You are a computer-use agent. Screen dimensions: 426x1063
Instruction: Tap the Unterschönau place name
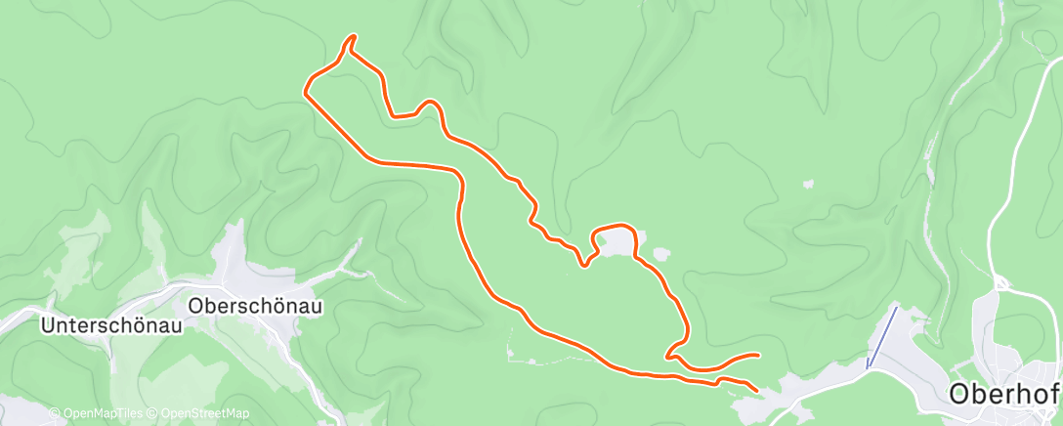(111, 326)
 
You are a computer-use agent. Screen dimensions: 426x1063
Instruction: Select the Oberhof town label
(1005, 395)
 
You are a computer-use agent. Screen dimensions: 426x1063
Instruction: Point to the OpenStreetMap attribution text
(201, 414)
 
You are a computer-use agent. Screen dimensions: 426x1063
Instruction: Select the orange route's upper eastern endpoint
(757, 355)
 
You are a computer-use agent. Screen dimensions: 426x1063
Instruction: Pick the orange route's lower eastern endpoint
(756, 390)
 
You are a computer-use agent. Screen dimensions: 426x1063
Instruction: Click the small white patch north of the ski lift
(808, 183)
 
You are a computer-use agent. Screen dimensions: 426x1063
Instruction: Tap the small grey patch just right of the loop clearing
(661, 254)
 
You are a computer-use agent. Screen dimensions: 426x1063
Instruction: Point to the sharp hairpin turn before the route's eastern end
(667, 357)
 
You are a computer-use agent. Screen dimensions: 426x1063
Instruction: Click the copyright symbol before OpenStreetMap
(153, 414)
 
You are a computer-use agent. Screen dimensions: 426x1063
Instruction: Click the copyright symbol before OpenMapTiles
(56, 414)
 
